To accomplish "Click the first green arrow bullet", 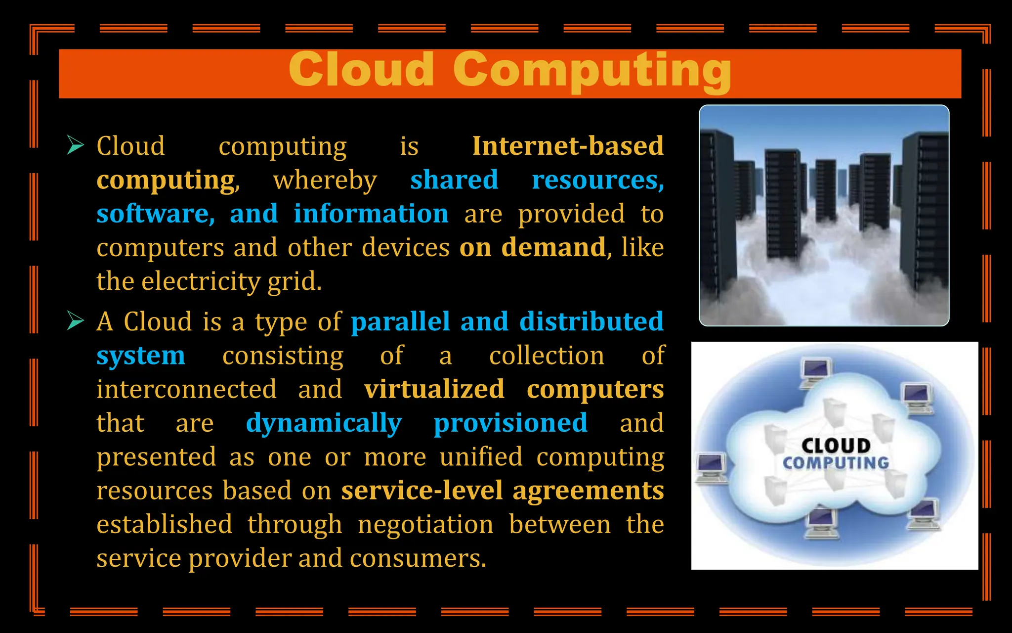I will point(76,145).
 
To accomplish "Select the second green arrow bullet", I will point(76,321).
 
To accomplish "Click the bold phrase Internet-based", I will point(568,146).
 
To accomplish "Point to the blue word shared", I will point(454,180).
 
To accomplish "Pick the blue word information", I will point(371,214).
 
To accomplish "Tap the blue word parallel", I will point(400,321).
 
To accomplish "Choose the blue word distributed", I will point(591,321).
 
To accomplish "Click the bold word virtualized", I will point(434,389).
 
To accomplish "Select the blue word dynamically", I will point(324,424).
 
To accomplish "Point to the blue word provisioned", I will point(510,423).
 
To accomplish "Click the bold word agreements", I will point(588,491).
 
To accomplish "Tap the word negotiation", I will point(425,524).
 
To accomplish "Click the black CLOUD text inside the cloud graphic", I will point(836,446).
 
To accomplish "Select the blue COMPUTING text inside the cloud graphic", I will point(836,463).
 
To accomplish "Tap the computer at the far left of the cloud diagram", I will point(711,468).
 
